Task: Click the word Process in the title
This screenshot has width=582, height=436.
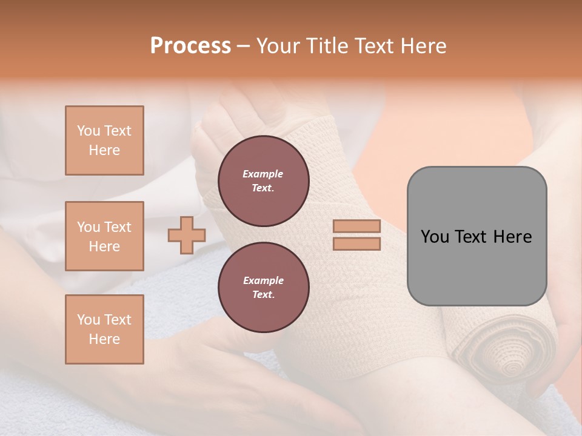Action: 190,46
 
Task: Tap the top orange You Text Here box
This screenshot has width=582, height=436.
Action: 104,140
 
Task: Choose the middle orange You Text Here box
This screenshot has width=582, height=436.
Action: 104,236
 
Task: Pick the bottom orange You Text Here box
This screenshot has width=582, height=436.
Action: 104,329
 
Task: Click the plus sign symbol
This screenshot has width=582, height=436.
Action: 187,235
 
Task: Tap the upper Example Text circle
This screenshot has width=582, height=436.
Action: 263,181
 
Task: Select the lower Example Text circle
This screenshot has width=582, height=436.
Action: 263,288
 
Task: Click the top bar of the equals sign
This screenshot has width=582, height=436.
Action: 356,226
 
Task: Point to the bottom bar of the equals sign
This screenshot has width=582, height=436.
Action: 356,244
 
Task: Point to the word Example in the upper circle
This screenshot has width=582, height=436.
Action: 263,174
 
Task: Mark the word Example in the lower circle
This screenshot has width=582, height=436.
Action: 263,280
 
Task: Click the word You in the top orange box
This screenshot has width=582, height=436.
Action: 89,131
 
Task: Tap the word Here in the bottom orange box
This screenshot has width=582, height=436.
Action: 104,339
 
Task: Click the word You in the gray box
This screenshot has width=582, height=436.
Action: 435,237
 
